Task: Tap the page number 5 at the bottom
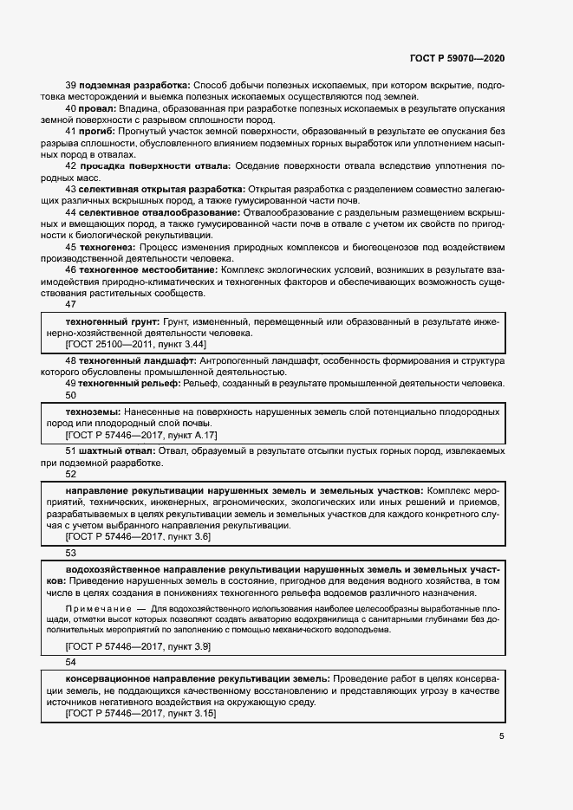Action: (x=502, y=736)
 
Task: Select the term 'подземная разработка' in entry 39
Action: (x=134, y=85)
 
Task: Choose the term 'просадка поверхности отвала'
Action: (x=155, y=165)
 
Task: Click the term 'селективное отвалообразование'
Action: (x=160, y=211)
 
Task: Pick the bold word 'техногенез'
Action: (x=108, y=247)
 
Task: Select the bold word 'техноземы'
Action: (x=92, y=411)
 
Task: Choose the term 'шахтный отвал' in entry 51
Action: (x=117, y=451)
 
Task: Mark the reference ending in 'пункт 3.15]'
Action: (x=140, y=714)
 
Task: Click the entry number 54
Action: (x=71, y=661)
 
